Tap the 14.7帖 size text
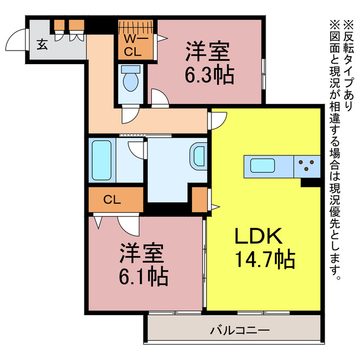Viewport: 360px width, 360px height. [263, 259]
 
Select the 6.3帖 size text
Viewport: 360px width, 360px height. [209, 75]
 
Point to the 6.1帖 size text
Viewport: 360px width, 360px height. [143, 276]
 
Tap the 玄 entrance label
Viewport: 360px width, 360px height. [42, 44]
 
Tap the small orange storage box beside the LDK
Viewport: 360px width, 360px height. [199, 198]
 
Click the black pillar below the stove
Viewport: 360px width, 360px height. [310, 182]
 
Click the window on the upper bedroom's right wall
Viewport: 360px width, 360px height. [263, 70]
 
